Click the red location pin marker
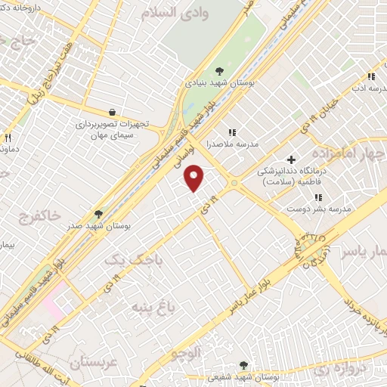click(195, 178)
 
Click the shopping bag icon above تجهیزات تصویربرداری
click(112, 113)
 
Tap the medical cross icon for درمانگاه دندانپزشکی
click(291, 159)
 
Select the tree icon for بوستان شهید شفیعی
click(243, 365)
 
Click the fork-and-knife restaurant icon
click(8, 138)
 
